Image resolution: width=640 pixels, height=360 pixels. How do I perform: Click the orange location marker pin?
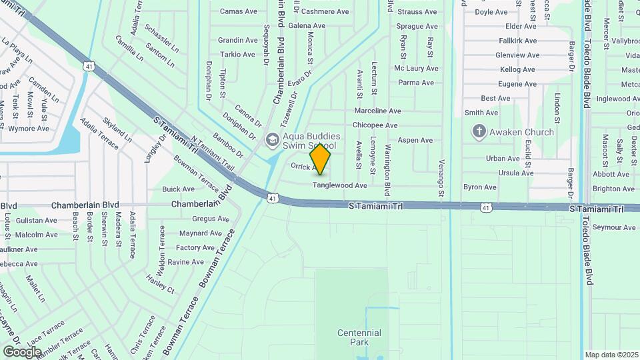coord(320,159)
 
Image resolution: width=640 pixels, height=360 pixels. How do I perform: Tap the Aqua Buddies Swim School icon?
coord(272,140)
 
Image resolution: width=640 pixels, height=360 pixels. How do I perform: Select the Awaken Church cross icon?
coord(479,131)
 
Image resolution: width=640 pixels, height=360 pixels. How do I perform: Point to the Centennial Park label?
coord(359,337)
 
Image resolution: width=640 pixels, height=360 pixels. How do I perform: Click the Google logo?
coord(22,352)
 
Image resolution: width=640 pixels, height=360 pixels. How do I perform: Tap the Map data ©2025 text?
coord(611,355)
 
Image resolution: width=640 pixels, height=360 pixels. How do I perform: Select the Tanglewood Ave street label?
coord(340,185)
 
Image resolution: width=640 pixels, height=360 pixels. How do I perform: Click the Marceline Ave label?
coord(377,111)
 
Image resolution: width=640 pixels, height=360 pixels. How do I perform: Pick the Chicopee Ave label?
coord(375,125)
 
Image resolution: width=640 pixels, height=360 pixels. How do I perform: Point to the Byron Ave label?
coord(480,187)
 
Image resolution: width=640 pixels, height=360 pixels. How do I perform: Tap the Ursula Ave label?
coord(517,173)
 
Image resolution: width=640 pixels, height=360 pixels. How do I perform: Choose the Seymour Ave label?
coord(614,227)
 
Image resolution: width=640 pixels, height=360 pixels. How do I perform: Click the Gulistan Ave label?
coord(36,221)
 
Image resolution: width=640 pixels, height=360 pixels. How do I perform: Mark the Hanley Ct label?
coord(160,286)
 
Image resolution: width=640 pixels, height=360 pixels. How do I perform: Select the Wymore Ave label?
coord(28,129)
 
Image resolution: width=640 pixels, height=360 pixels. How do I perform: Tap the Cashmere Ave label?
coord(325,12)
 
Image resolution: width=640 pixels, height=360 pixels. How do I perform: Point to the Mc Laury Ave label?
coord(416,69)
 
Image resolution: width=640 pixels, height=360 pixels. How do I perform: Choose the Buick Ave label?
coord(178,189)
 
